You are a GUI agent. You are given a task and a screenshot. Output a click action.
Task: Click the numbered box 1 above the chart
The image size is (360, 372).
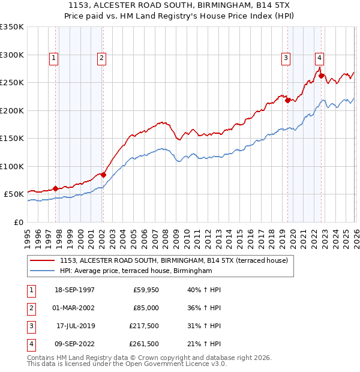coord(54,58)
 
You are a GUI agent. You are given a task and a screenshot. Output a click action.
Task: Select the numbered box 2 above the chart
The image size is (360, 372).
coord(102,58)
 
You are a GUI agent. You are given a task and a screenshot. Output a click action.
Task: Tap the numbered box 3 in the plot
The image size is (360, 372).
coord(286,58)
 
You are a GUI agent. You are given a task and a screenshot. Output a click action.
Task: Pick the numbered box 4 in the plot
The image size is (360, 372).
coord(320,58)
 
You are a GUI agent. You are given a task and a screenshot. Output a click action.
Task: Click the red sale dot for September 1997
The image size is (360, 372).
coord(56,188)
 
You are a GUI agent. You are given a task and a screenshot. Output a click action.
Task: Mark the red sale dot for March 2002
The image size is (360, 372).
coord(103,175)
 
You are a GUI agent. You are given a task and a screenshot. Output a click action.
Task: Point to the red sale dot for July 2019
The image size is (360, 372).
coord(287,100)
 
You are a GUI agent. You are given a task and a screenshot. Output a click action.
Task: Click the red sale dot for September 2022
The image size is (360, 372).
coord(321,76)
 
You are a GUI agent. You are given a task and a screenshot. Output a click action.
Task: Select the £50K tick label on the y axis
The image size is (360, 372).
coord(14,194)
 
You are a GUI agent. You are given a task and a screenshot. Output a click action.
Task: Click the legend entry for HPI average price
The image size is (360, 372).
coord(136,271)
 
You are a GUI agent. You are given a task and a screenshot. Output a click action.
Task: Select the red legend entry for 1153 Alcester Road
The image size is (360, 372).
coord(174,260)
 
